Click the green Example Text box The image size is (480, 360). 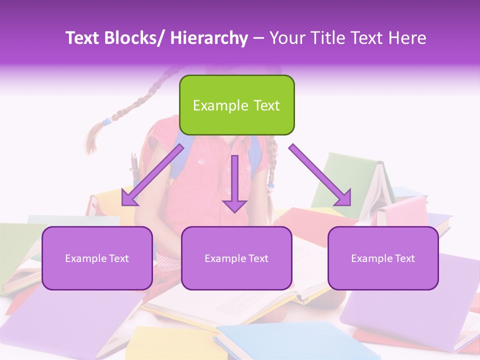tap(236, 105)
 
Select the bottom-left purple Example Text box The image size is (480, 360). tap(97, 258)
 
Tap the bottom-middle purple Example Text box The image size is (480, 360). tap(236, 258)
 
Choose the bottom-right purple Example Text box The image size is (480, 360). tap(383, 258)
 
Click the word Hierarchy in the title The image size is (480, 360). tap(208, 38)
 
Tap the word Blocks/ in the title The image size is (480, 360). tap(135, 38)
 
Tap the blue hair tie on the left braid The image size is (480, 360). tap(106, 121)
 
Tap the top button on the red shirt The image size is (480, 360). tap(201, 161)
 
